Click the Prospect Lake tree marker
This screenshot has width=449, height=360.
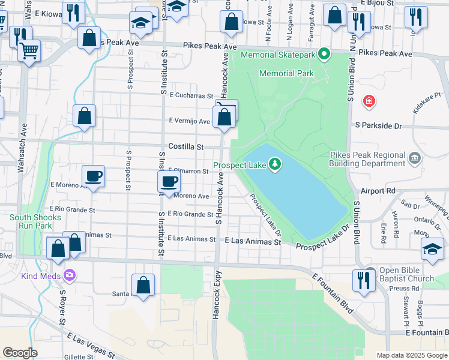[275, 164]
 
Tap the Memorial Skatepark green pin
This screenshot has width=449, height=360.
[324, 55]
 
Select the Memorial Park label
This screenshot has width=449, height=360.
[286, 73]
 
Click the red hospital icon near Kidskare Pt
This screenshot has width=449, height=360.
[369, 101]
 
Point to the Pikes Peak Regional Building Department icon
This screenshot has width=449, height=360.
[414, 158]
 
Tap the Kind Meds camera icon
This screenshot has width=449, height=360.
[70, 275]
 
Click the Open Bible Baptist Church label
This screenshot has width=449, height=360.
[406, 274]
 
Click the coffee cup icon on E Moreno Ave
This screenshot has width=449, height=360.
[93, 176]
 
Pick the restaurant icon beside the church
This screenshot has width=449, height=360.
[363, 280]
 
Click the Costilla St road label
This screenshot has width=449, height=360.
[186, 146]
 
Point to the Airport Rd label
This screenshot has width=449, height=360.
[379, 191]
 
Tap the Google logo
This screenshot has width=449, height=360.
[20, 352]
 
